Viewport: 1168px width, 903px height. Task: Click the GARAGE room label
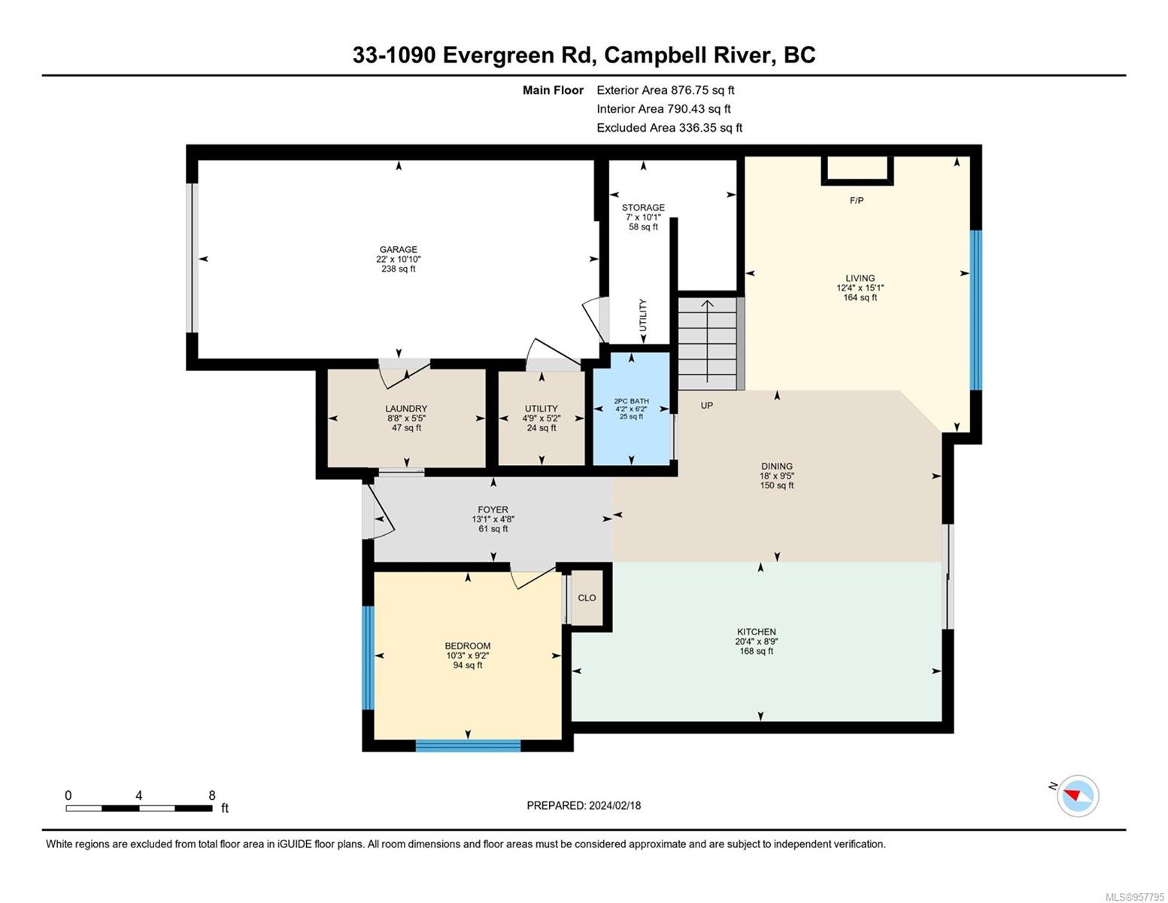pyautogui.click(x=398, y=250)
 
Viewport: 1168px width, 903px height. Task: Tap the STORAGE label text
pyautogui.click(x=643, y=208)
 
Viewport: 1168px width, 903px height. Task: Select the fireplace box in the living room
pyautogui.click(x=857, y=171)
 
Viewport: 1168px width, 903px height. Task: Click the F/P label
pyautogui.click(x=857, y=201)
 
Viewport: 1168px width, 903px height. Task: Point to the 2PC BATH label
pyautogui.click(x=631, y=401)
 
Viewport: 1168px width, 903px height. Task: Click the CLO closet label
pyautogui.click(x=587, y=597)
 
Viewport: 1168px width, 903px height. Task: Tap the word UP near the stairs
pyautogui.click(x=707, y=406)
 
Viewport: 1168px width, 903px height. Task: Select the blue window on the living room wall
pyautogui.click(x=975, y=310)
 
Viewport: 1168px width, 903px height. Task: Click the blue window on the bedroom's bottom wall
pyautogui.click(x=468, y=746)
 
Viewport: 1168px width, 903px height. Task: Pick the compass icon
pyautogui.click(x=1078, y=796)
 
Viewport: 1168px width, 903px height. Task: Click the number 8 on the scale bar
pyautogui.click(x=212, y=795)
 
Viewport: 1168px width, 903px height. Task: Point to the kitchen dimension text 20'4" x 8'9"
pyautogui.click(x=757, y=642)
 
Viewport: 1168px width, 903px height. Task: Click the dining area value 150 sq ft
pyautogui.click(x=777, y=485)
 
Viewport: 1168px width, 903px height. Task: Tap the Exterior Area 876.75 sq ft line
pyautogui.click(x=666, y=90)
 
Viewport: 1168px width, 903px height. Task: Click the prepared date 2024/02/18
pyautogui.click(x=614, y=806)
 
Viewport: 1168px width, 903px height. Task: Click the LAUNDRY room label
pyautogui.click(x=406, y=409)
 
